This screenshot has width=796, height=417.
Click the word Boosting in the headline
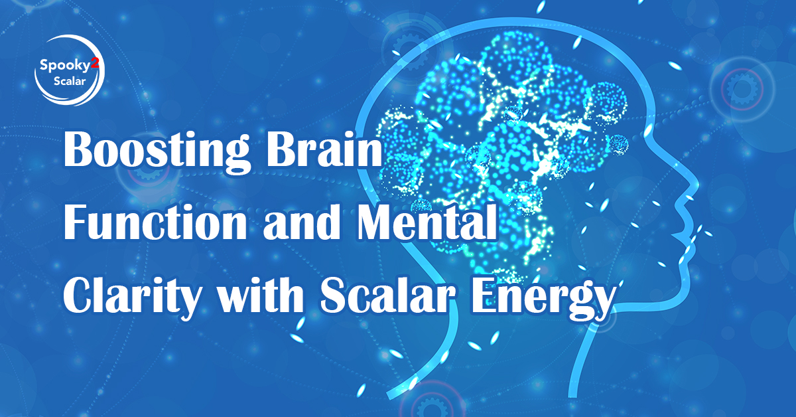(156, 151)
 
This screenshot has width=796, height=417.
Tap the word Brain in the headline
(324, 149)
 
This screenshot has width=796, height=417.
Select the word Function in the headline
(155, 222)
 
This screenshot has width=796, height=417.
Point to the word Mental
(427, 222)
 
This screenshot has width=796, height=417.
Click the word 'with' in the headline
(261, 295)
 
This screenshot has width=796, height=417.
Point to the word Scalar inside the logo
(70, 81)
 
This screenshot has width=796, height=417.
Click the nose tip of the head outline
(697, 185)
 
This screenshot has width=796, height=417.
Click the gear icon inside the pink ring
(742, 88)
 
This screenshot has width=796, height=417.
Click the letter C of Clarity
(78, 295)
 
